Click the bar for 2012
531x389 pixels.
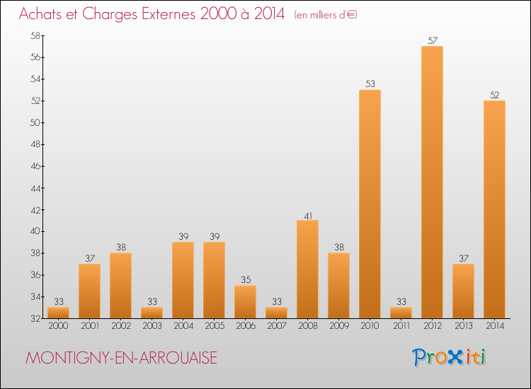[x=432, y=182]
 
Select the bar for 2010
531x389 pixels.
[x=370, y=204]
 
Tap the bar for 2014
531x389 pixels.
[x=494, y=209]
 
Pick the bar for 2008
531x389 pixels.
[x=307, y=269]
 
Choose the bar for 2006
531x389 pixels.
[x=245, y=301]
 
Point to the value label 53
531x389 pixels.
[x=370, y=84]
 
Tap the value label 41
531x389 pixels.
[x=307, y=215]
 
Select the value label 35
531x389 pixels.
[x=245, y=280]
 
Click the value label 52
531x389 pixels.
[x=494, y=95]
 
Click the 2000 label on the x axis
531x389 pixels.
[x=58, y=327]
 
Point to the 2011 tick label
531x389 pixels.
[x=401, y=327]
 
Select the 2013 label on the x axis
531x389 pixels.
[x=463, y=327]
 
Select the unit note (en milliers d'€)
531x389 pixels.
[x=326, y=15]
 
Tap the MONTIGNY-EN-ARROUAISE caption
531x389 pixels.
[x=121, y=358]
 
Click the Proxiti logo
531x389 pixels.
[x=449, y=357]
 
